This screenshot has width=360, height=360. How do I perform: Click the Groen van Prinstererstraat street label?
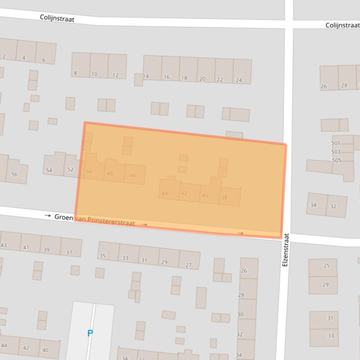(95, 220)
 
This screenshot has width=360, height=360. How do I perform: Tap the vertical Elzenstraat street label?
(286, 250)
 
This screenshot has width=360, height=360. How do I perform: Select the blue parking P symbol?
(90, 333)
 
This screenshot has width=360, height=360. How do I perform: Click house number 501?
(336, 143)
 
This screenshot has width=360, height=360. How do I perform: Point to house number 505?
(337, 160)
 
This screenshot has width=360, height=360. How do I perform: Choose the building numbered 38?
(224, 197)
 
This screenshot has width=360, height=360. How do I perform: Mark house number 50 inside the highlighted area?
(89, 172)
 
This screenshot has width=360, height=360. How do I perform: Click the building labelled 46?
(133, 175)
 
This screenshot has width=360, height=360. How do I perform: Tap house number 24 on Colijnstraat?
(239, 80)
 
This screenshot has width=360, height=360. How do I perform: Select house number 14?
(146, 76)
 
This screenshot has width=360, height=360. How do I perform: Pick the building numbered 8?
(75, 73)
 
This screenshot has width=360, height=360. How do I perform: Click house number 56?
(15, 174)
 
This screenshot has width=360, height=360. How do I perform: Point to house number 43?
(4, 245)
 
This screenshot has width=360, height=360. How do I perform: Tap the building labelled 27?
(189, 265)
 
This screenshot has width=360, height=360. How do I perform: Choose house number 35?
(102, 256)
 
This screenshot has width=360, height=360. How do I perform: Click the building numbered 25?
(326, 266)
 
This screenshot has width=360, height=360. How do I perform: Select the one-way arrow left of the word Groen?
(48, 216)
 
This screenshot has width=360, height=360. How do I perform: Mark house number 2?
(4, 57)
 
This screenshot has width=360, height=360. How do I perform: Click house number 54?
(49, 171)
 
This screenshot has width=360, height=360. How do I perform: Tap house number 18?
(184, 78)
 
